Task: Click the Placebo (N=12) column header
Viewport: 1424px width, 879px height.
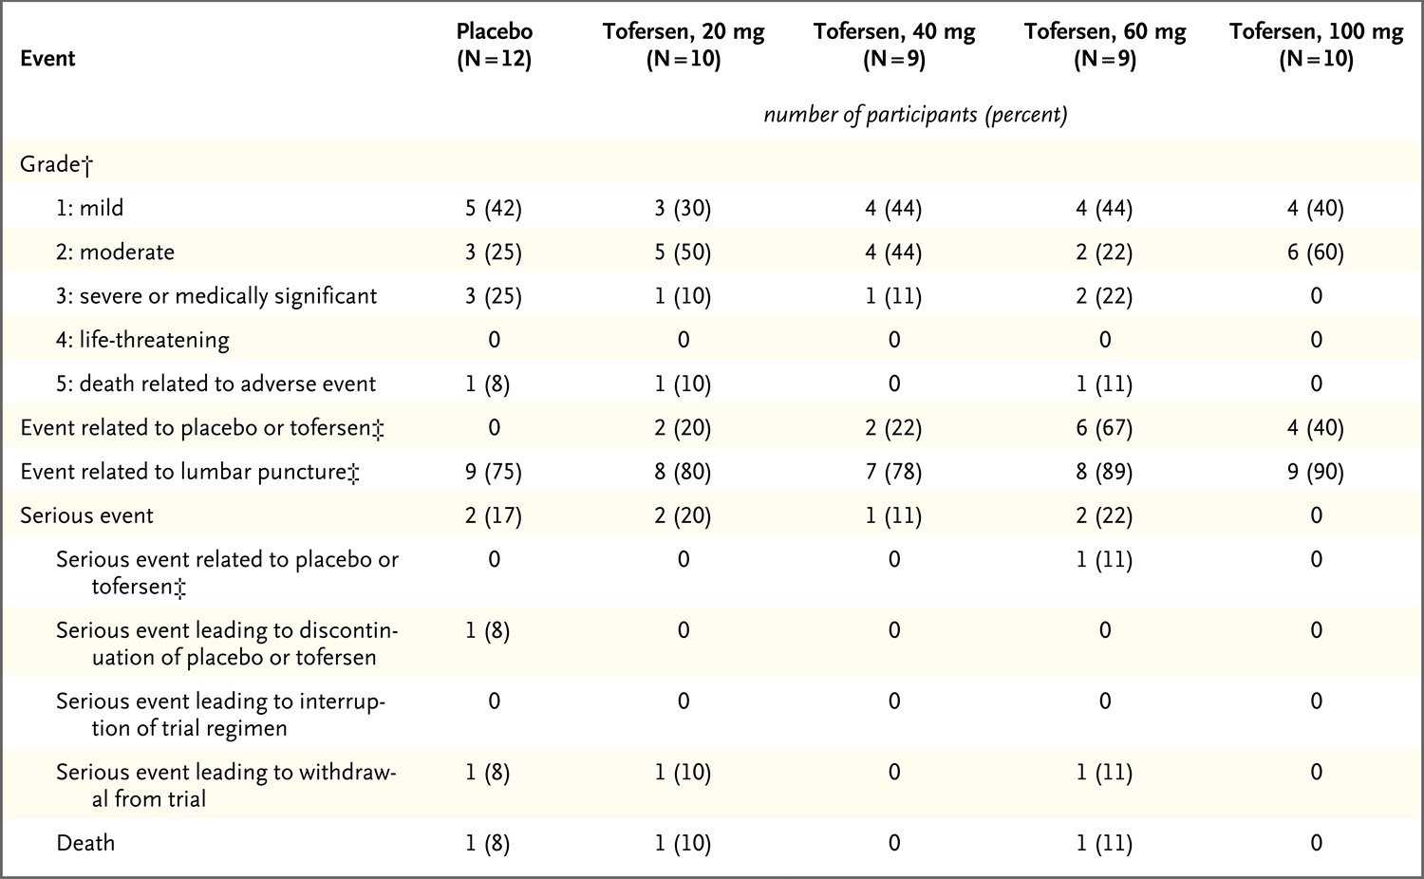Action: tap(494, 45)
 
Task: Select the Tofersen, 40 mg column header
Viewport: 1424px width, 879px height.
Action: tap(894, 45)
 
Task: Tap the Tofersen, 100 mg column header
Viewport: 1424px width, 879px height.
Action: tap(1316, 45)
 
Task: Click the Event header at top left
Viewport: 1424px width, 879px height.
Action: tap(47, 59)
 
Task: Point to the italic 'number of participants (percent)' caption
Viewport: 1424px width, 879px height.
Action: tap(915, 115)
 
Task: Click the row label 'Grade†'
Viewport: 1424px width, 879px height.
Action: tap(57, 164)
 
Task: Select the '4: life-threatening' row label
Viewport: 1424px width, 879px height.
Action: tap(142, 340)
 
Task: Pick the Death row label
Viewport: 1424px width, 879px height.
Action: tap(85, 843)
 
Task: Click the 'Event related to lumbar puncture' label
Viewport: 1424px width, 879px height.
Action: tap(190, 472)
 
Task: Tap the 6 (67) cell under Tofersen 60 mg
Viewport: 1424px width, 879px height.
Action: tap(1105, 428)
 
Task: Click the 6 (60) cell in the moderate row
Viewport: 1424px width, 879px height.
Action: tap(1316, 252)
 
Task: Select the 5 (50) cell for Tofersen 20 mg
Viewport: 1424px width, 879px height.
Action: tap(684, 252)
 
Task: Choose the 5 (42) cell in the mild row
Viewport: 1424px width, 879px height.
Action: tap(494, 209)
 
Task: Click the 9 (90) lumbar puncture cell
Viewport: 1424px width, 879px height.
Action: tap(1316, 472)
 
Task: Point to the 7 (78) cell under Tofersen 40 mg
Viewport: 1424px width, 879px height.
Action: tap(894, 472)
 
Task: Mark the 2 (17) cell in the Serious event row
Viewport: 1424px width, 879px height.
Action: tap(494, 515)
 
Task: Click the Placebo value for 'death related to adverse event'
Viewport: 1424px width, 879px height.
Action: tap(488, 383)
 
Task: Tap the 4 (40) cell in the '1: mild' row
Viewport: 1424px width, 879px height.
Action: tap(1316, 209)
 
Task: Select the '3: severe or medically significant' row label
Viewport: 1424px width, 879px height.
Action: tap(216, 296)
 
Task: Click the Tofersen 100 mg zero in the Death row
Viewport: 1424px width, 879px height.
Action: tap(1316, 843)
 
